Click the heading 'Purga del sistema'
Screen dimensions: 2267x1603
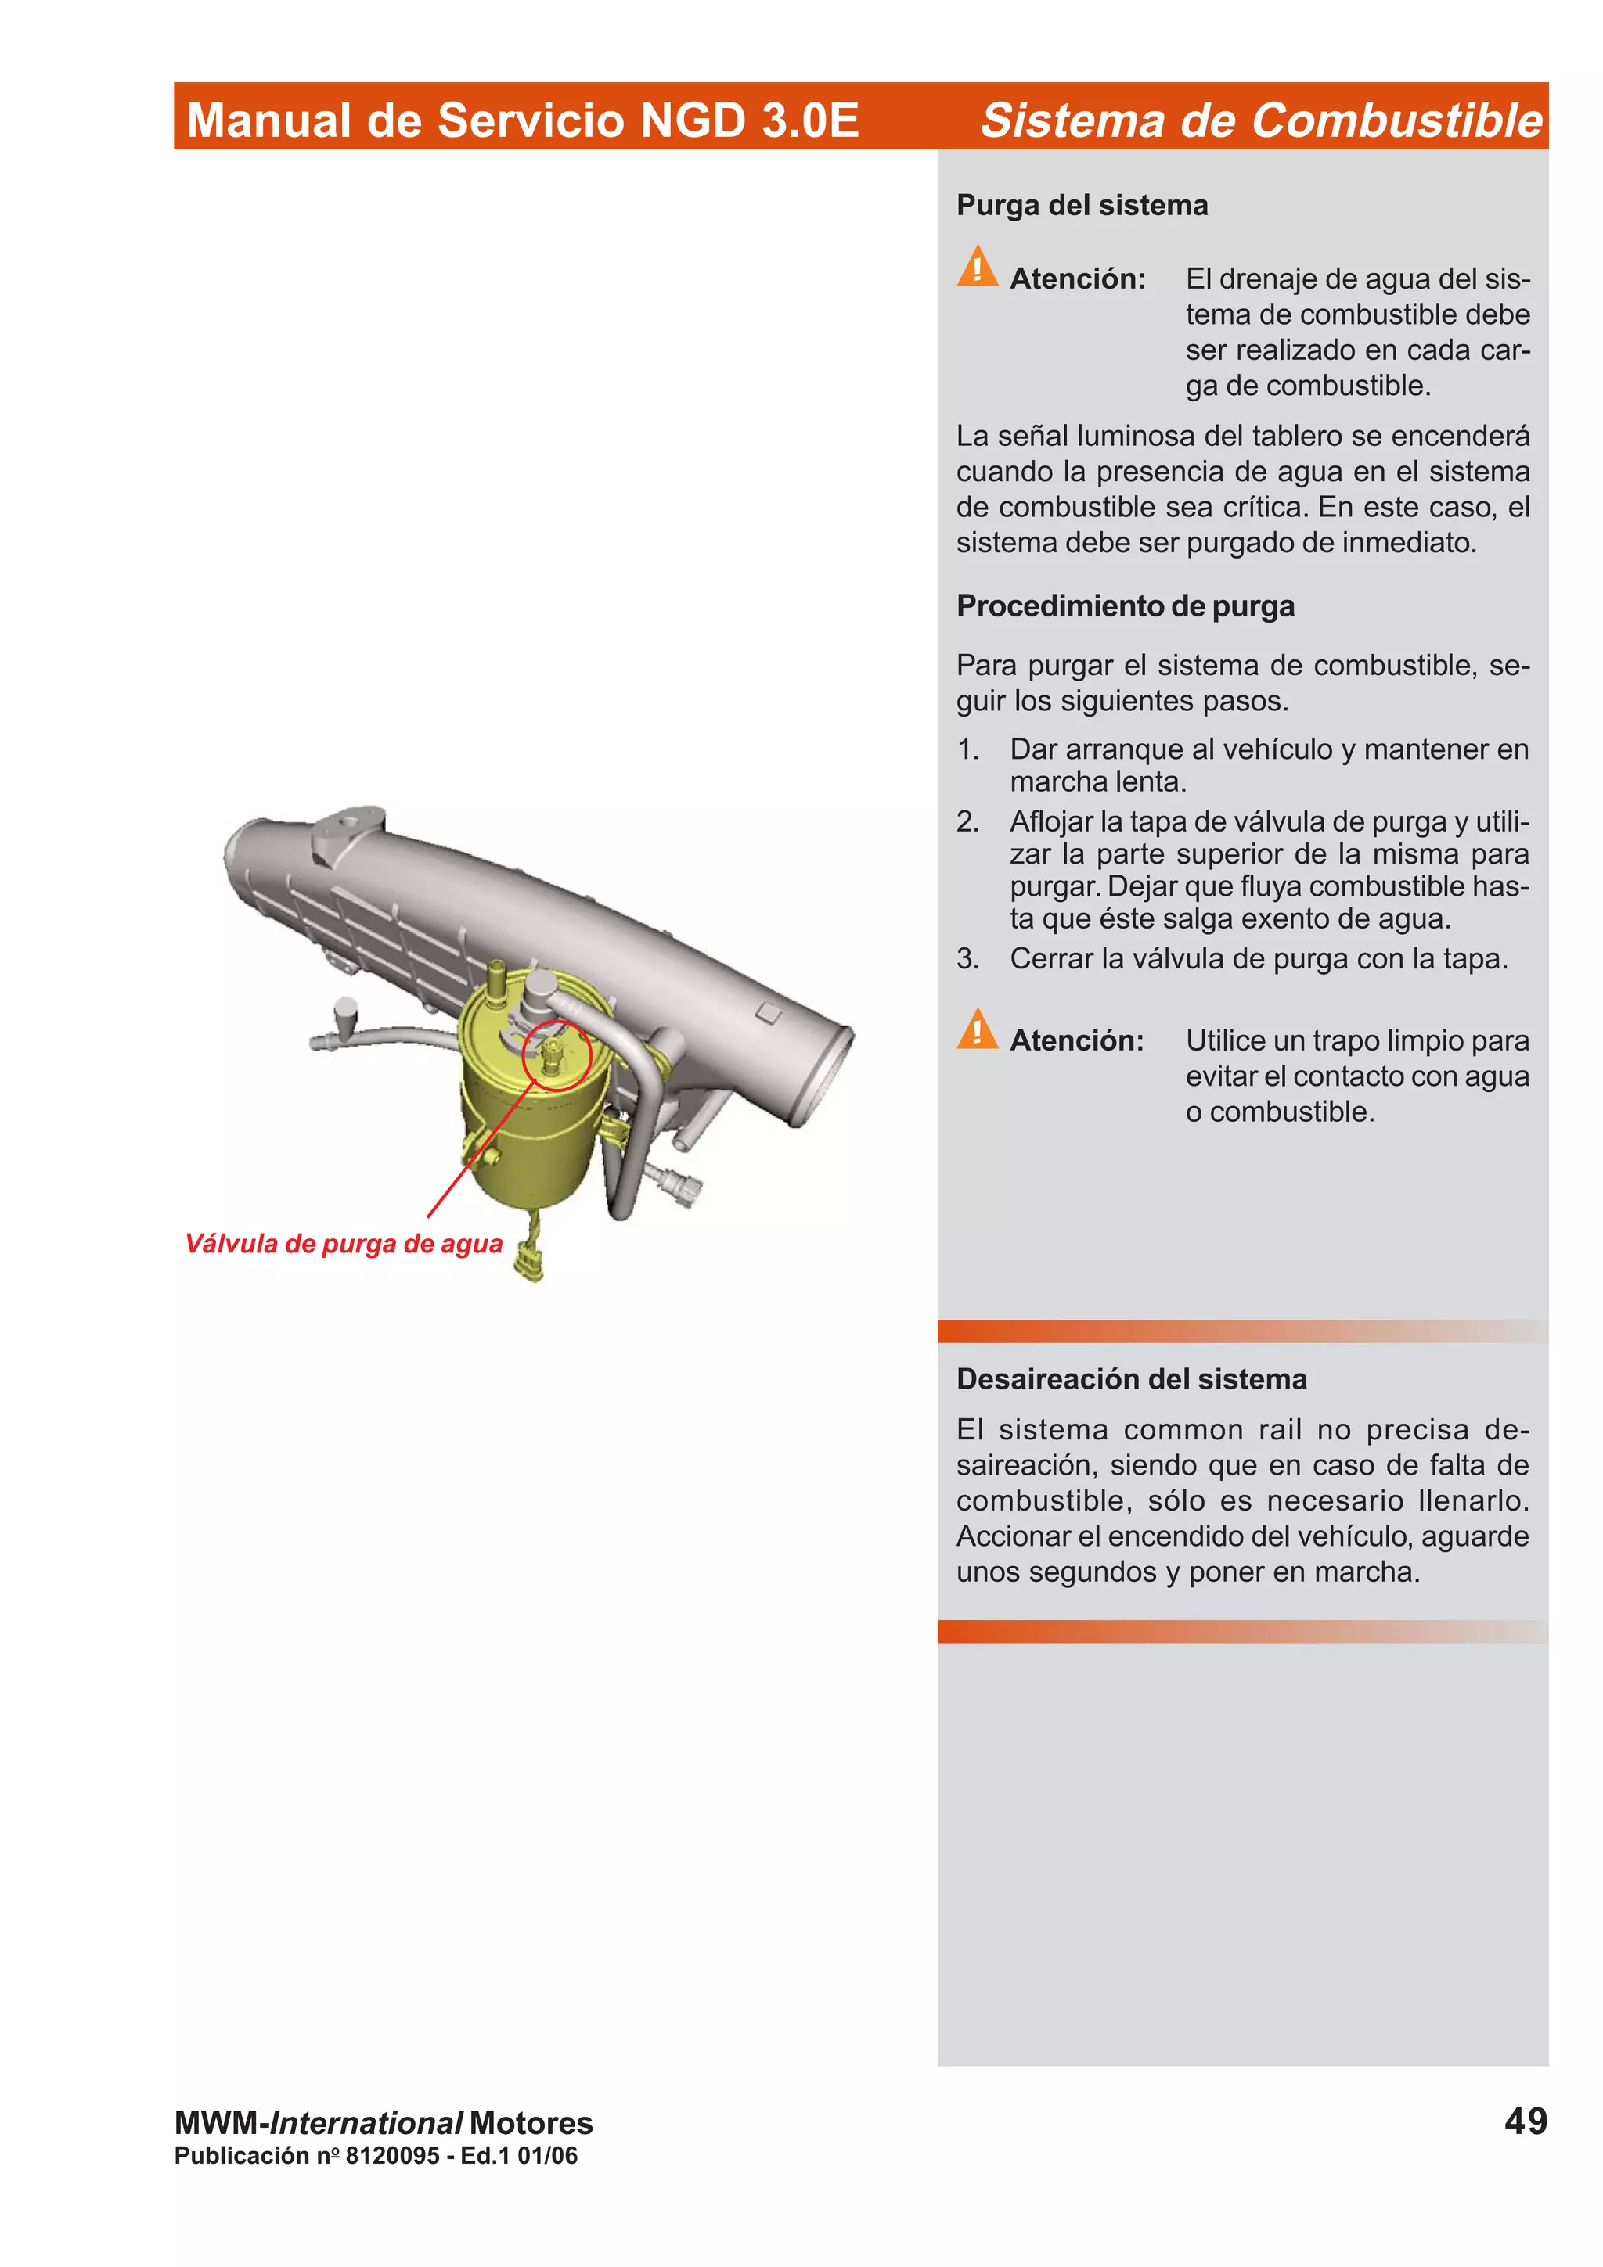pyautogui.click(x=1082, y=206)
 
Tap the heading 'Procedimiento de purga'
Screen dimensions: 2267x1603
pyautogui.click(x=1124, y=605)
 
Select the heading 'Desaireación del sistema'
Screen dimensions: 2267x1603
pyautogui.click(x=1131, y=1378)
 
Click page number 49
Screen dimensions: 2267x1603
pyautogui.click(x=1525, y=2121)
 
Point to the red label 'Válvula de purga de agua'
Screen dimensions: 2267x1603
pyautogui.click(x=344, y=1243)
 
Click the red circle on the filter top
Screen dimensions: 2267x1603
pyautogui.click(x=556, y=1054)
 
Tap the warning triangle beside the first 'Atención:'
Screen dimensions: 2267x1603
pyautogui.click(x=977, y=267)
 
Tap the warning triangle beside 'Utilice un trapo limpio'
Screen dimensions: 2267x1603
pyautogui.click(x=977, y=1029)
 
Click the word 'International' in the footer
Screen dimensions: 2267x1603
pyautogui.click(x=366, y=2123)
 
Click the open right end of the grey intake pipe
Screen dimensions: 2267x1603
pyautogui.click(x=819, y=1076)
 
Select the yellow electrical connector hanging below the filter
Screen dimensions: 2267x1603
pyautogui.click(x=531, y=1265)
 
